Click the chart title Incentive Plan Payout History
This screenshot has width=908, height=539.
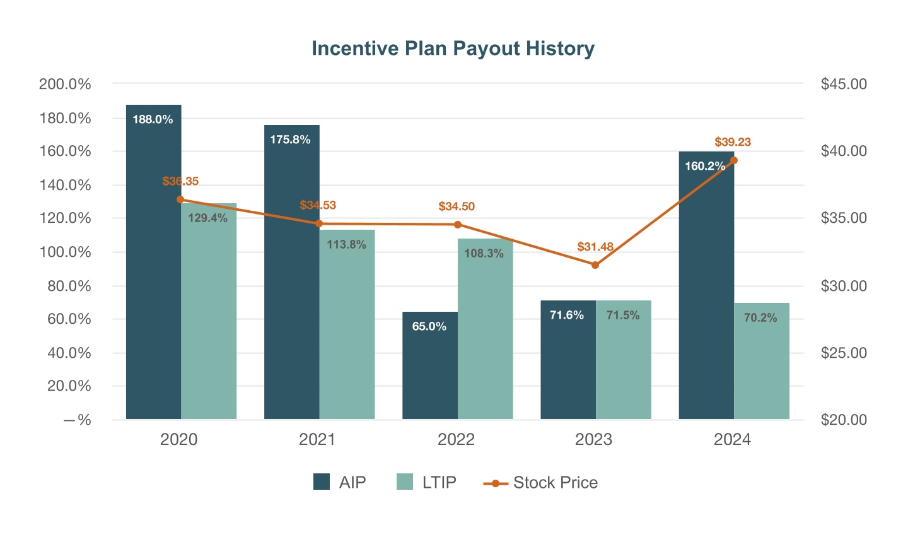click(x=453, y=49)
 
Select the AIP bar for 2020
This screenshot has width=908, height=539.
click(x=153, y=265)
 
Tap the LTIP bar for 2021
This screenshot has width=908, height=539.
click(x=347, y=328)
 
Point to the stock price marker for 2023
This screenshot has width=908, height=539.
click(x=595, y=265)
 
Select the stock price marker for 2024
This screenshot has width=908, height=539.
click(x=733, y=160)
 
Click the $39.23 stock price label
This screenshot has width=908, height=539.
click(x=733, y=142)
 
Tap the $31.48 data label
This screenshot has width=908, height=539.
click(x=595, y=247)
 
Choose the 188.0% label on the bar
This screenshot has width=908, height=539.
click(x=153, y=119)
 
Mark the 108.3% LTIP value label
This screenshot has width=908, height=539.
click(x=484, y=254)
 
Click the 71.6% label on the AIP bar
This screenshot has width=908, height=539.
click(x=567, y=315)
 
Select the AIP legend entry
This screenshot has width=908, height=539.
click(x=340, y=483)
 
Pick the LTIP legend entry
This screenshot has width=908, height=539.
click(x=426, y=483)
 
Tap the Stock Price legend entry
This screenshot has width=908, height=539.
click(x=540, y=483)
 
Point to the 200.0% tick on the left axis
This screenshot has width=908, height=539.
click(x=65, y=84)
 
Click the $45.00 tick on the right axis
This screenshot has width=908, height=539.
click(x=844, y=84)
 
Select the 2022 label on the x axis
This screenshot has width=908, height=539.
click(x=456, y=440)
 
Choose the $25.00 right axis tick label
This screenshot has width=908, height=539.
click(x=844, y=353)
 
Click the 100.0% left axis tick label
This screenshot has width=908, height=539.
click(x=65, y=252)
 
